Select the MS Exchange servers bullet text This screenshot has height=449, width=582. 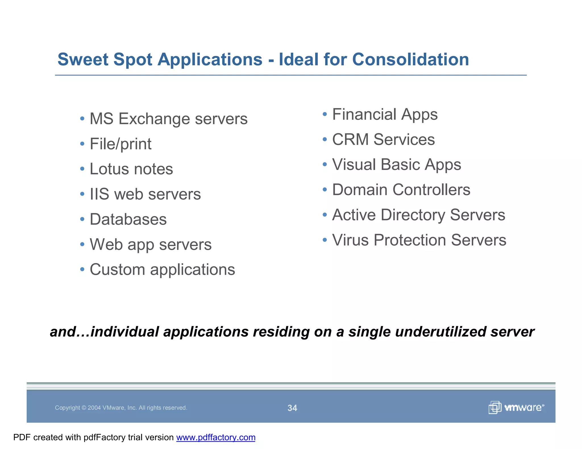[x=168, y=119]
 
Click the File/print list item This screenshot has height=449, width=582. [x=120, y=144]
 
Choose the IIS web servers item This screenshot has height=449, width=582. [x=145, y=194]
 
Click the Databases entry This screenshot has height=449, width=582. [x=128, y=219]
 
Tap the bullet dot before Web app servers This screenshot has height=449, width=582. [x=82, y=244]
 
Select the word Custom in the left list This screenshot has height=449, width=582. [x=117, y=269]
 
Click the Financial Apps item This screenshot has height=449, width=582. [x=384, y=114]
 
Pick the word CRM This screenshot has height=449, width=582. [x=350, y=140]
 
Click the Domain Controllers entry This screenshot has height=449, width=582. [x=401, y=190]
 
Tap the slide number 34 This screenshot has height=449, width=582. [x=292, y=408]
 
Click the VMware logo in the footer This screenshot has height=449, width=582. [x=516, y=408]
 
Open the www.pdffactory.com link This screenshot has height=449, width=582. [x=216, y=437]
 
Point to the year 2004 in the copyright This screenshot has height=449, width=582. [x=94, y=408]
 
